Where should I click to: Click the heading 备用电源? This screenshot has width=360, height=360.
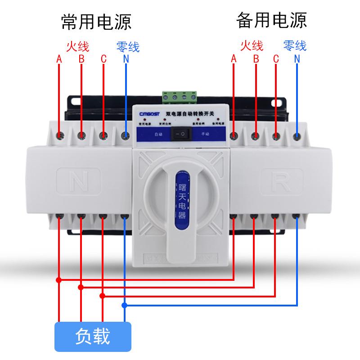click(271, 20)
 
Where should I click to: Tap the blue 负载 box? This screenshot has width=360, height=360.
click(93, 336)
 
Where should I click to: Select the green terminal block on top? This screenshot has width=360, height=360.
click(180, 96)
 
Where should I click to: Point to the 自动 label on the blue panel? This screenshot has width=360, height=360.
click(157, 134)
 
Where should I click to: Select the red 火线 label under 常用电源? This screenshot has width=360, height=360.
click(77, 46)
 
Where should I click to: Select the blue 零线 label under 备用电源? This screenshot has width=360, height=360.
click(295, 45)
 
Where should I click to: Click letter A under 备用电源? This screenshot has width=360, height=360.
click(234, 58)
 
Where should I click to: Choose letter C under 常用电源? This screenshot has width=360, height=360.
click(103, 59)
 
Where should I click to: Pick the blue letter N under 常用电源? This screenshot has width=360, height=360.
click(126, 59)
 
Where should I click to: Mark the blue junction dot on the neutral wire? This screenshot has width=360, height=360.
click(125, 306)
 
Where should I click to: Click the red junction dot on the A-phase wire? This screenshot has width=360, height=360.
click(59, 279)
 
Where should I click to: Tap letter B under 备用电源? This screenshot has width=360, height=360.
click(256, 58)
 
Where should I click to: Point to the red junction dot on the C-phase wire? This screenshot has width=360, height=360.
click(103, 296)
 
